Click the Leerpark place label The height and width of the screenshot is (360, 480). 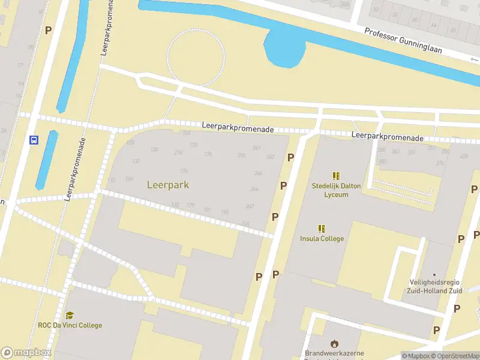pyautogui.click(x=168, y=185)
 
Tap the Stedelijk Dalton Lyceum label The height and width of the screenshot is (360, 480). pyautogui.click(x=336, y=190)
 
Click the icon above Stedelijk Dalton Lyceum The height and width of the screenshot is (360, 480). pyautogui.click(x=336, y=176)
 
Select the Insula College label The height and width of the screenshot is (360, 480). pyautogui.click(x=322, y=238)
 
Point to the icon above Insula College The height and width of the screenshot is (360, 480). pyautogui.click(x=322, y=228)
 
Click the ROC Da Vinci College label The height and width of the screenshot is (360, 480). pyautogui.click(x=70, y=325)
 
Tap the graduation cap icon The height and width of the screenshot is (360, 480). pyautogui.click(x=70, y=316)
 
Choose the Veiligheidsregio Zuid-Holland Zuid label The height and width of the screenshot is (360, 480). pyautogui.click(x=434, y=287)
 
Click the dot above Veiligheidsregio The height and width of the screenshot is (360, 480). pyautogui.click(x=434, y=275)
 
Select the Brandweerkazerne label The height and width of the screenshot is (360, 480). pyautogui.click(x=334, y=353)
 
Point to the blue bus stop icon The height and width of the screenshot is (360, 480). pyautogui.click(x=34, y=140)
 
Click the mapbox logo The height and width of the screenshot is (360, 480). pyautogui.click(x=26, y=353)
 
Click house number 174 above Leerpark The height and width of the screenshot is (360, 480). pyautogui.click(x=184, y=171)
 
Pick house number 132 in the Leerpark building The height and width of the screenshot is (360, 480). pyautogui.click(x=136, y=161)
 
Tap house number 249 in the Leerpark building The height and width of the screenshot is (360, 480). pyautogui.click(x=256, y=148)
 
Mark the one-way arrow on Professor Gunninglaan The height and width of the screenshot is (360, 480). pyautogui.click(x=473, y=58)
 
